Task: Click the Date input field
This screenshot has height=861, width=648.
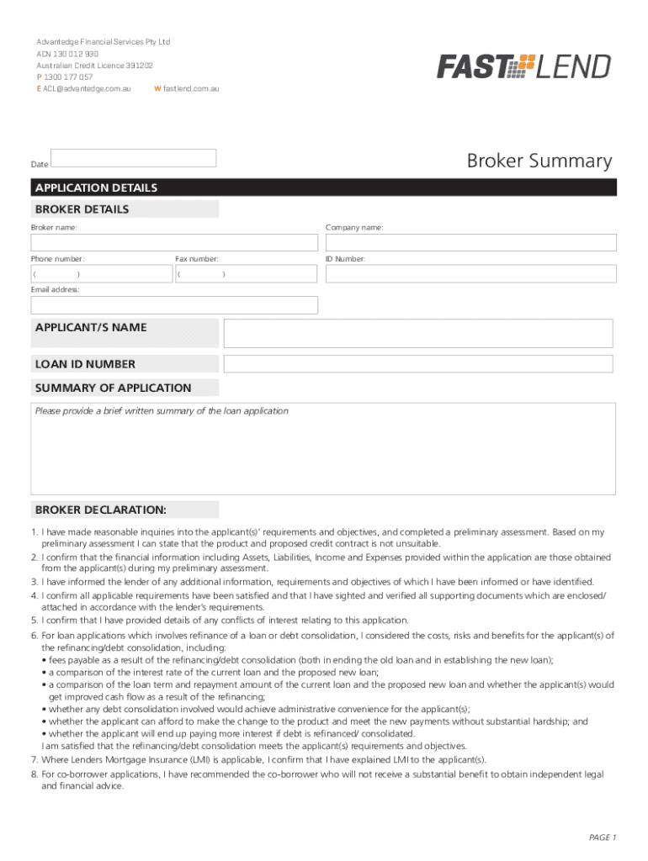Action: [x=134, y=158]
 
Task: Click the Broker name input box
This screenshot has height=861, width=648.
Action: [x=175, y=242]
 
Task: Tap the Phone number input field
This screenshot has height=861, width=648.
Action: [x=101, y=274]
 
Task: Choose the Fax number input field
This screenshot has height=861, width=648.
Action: [x=247, y=274]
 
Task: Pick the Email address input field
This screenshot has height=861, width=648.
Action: [x=175, y=305]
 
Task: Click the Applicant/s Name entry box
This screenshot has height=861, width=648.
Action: [x=417, y=333]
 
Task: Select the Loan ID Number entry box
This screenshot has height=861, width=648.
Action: [x=417, y=364]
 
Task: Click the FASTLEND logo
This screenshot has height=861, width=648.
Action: [x=523, y=66]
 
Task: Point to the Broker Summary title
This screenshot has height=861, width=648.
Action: [x=539, y=161]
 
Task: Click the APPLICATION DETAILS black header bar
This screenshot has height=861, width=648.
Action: [x=324, y=188]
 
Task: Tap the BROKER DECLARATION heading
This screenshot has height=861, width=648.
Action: [x=101, y=510]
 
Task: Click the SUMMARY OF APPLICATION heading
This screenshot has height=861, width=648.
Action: [x=114, y=388]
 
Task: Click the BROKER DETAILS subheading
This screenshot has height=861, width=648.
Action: [x=82, y=209]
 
